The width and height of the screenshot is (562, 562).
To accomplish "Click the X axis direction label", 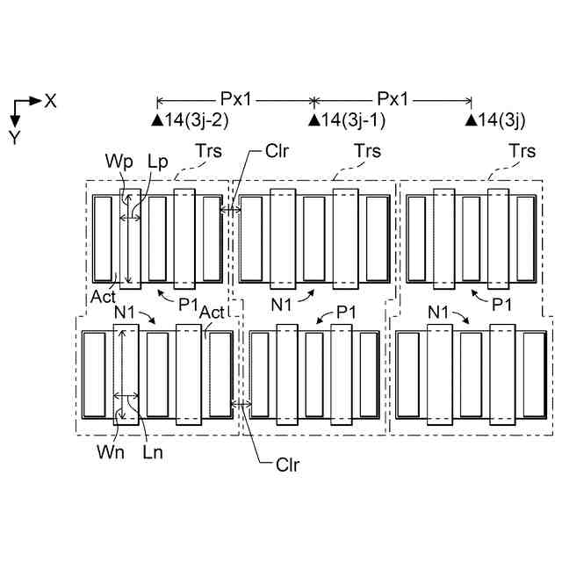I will coord(51,101).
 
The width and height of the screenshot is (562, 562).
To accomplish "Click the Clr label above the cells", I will coord(277,150).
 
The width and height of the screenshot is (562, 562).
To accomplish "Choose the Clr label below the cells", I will coord(287,465).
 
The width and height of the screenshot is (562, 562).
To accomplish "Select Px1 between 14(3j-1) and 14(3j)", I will coord(393,99).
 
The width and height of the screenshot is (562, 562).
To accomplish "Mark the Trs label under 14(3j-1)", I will coord(366,151).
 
